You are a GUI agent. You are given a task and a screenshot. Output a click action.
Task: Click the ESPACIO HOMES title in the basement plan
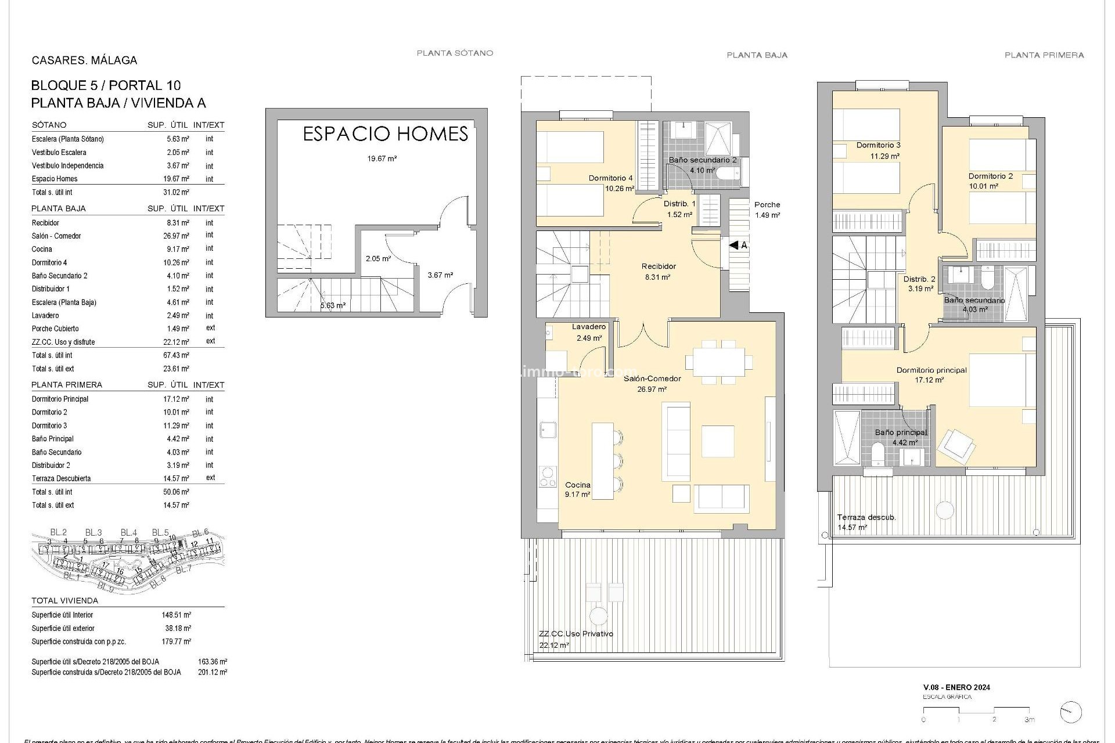tap(386, 134)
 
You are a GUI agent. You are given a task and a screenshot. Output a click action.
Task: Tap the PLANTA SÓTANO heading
tap(455, 53)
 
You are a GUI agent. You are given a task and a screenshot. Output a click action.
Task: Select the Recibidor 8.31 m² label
tap(659, 272)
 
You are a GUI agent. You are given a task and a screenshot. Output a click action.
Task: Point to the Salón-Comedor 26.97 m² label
tap(652, 384)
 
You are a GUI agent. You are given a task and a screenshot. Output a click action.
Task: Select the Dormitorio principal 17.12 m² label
tap(931, 375)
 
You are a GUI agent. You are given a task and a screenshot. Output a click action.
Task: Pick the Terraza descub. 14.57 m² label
tap(866, 522)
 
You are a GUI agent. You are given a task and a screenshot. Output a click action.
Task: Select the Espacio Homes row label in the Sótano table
tap(55, 179)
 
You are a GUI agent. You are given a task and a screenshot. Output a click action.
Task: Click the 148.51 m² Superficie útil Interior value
tap(177, 615)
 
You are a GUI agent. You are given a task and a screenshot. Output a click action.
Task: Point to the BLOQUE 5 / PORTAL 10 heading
tap(106, 85)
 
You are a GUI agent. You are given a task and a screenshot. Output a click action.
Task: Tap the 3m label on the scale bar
tap(1029, 719)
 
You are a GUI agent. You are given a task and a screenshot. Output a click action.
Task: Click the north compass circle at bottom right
tap(1070, 712)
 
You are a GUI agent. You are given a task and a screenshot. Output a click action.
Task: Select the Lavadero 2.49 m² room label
tap(589, 332)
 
